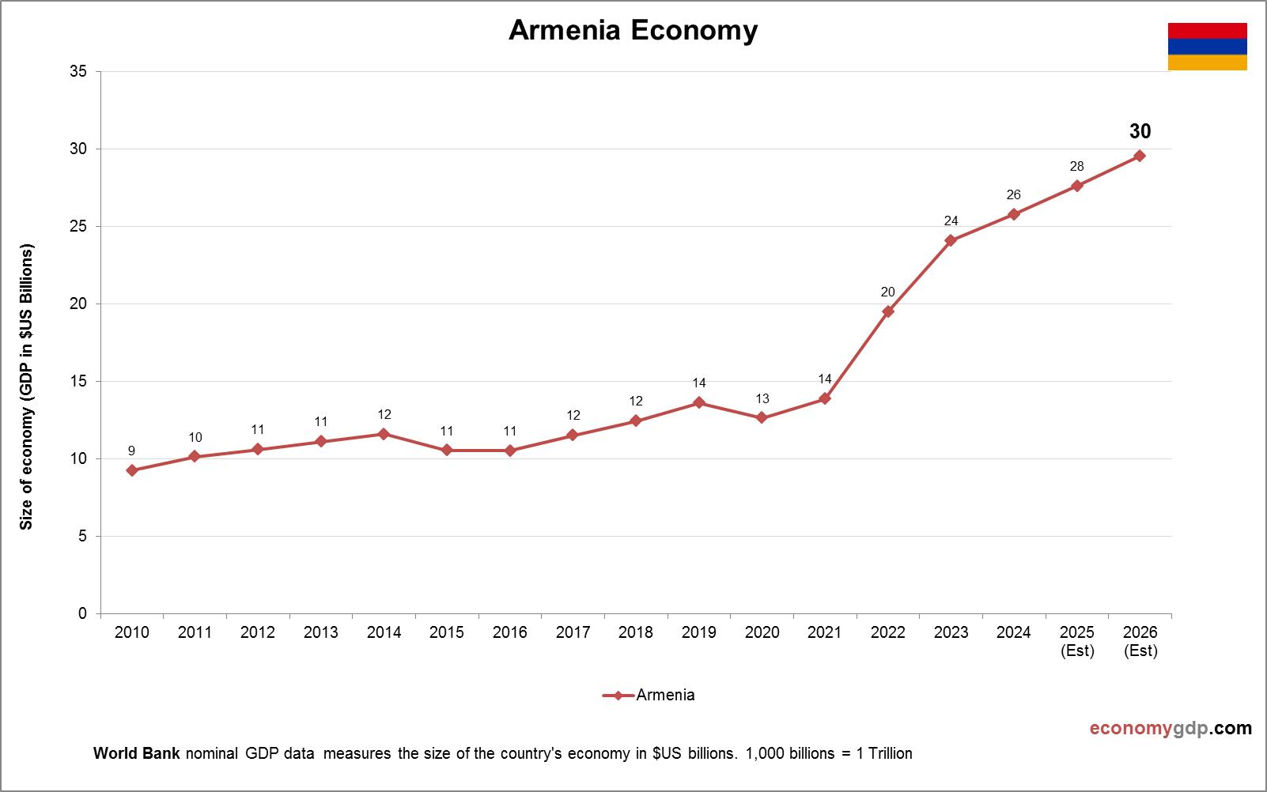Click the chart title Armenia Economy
(x=633, y=30)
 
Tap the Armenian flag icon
(x=1207, y=47)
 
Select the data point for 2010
(x=132, y=470)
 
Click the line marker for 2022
(x=888, y=311)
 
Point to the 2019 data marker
(x=699, y=403)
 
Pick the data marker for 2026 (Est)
(x=1140, y=156)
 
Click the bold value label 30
(x=1140, y=131)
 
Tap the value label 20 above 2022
(x=887, y=292)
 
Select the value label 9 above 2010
(x=131, y=451)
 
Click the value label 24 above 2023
(x=951, y=221)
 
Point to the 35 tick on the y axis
(x=78, y=72)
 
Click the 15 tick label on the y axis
(x=78, y=382)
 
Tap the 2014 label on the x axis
(x=384, y=632)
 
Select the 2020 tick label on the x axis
(x=762, y=632)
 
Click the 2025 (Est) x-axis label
(x=1077, y=641)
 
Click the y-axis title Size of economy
(x=27, y=387)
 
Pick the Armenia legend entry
(x=649, y=696)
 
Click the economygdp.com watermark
(x=1171, y=728)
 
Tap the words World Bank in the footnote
(x=137, y=753)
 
